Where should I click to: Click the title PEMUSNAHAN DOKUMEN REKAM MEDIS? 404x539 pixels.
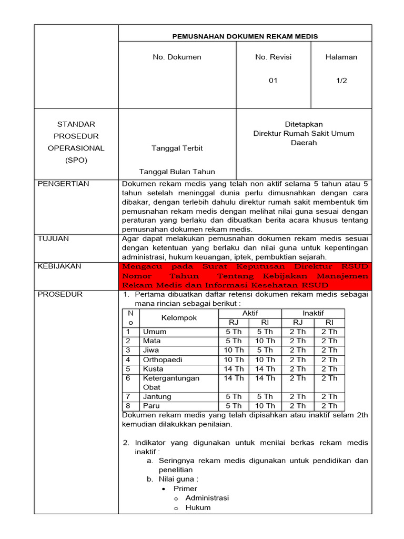(x=245, y=36)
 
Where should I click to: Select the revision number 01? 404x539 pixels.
(x=273, y=81)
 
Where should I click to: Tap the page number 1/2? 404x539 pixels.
(x=341, y=81)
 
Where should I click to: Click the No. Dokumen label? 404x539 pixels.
(x=177, y=57)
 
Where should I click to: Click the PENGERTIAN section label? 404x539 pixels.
(x=64, y=184)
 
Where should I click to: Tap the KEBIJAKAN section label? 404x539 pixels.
(x=59, y=266)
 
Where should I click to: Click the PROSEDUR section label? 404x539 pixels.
(x=60, y=294)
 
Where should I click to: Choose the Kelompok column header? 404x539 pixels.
(x=179, y=318)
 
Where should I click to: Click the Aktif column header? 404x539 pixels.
(x=250, y=313)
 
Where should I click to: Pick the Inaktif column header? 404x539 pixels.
(x=313, y=313)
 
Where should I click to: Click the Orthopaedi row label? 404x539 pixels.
(x=161, y=360)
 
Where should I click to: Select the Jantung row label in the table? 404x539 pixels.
(x=157, y=396)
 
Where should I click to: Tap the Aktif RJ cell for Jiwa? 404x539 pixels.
(x=234, y=350)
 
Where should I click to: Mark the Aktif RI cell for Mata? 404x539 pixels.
(x=265, y=341)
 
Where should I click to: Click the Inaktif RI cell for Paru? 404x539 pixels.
(x=329, y=406)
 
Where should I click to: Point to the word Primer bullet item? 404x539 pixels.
(x=185, y=488)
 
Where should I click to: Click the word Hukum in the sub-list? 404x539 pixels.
(x=198, y=507)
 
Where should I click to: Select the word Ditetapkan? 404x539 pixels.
(x=304, y=124)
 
